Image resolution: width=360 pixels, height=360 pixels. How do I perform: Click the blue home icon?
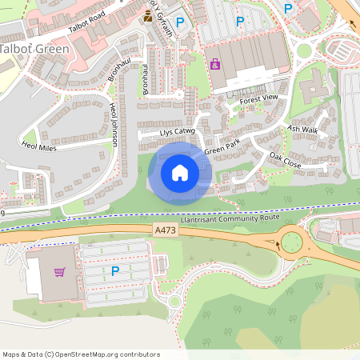180,172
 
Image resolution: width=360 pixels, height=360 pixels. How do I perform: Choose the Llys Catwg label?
178,131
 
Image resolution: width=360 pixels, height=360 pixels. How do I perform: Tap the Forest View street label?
258,98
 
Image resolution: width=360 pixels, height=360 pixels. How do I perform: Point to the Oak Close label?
285,160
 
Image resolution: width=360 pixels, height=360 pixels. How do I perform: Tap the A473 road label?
166,230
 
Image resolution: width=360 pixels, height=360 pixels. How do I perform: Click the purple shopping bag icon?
214,64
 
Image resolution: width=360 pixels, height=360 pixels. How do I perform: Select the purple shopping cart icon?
59,272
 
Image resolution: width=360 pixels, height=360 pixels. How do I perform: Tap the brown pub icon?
147,17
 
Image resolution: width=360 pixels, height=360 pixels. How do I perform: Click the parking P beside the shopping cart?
115,271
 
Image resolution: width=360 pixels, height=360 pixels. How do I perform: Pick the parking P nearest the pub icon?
180,22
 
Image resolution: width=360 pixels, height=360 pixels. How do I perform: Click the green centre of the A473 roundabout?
290,240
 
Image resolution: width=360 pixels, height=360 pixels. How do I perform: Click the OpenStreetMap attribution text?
80,354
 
